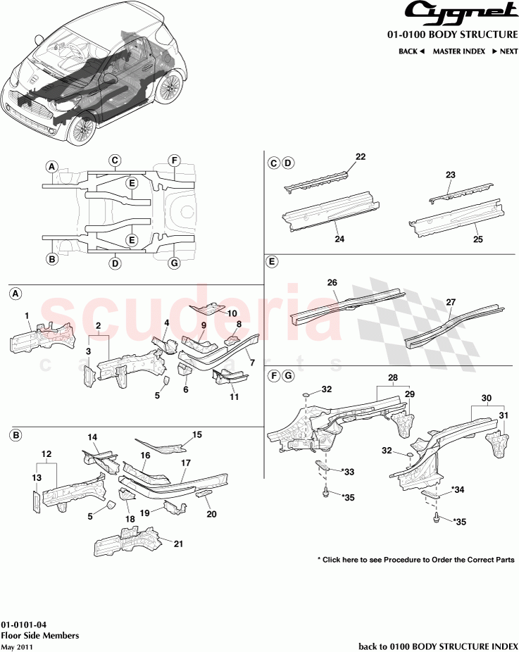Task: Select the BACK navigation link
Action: coord(412,51)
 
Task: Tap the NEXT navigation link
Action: coord(505,51)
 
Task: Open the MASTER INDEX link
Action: coord(458,51)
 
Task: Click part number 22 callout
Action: coord(361,157)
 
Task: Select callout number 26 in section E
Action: coord(332,282)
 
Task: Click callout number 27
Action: coord(450,302)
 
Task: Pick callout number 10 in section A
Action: coord(232,313)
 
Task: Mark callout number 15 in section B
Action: coord(197,434)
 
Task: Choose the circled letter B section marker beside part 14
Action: coord(15,436)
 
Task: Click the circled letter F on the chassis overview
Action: coord(174,161)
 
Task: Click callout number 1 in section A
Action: coord(27,315)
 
